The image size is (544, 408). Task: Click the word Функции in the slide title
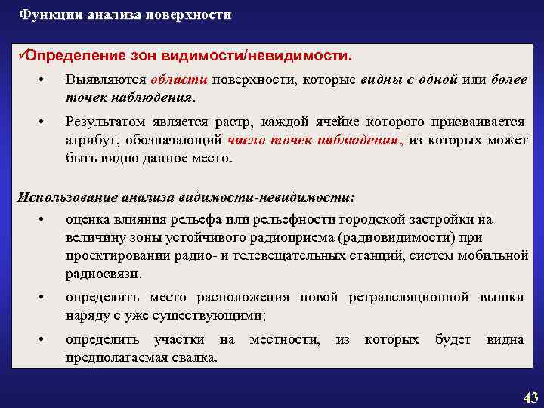point(45,14)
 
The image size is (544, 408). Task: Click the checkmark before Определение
point(20,56)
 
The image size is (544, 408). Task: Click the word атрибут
point(91,141)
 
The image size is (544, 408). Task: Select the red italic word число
point(249,141)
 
